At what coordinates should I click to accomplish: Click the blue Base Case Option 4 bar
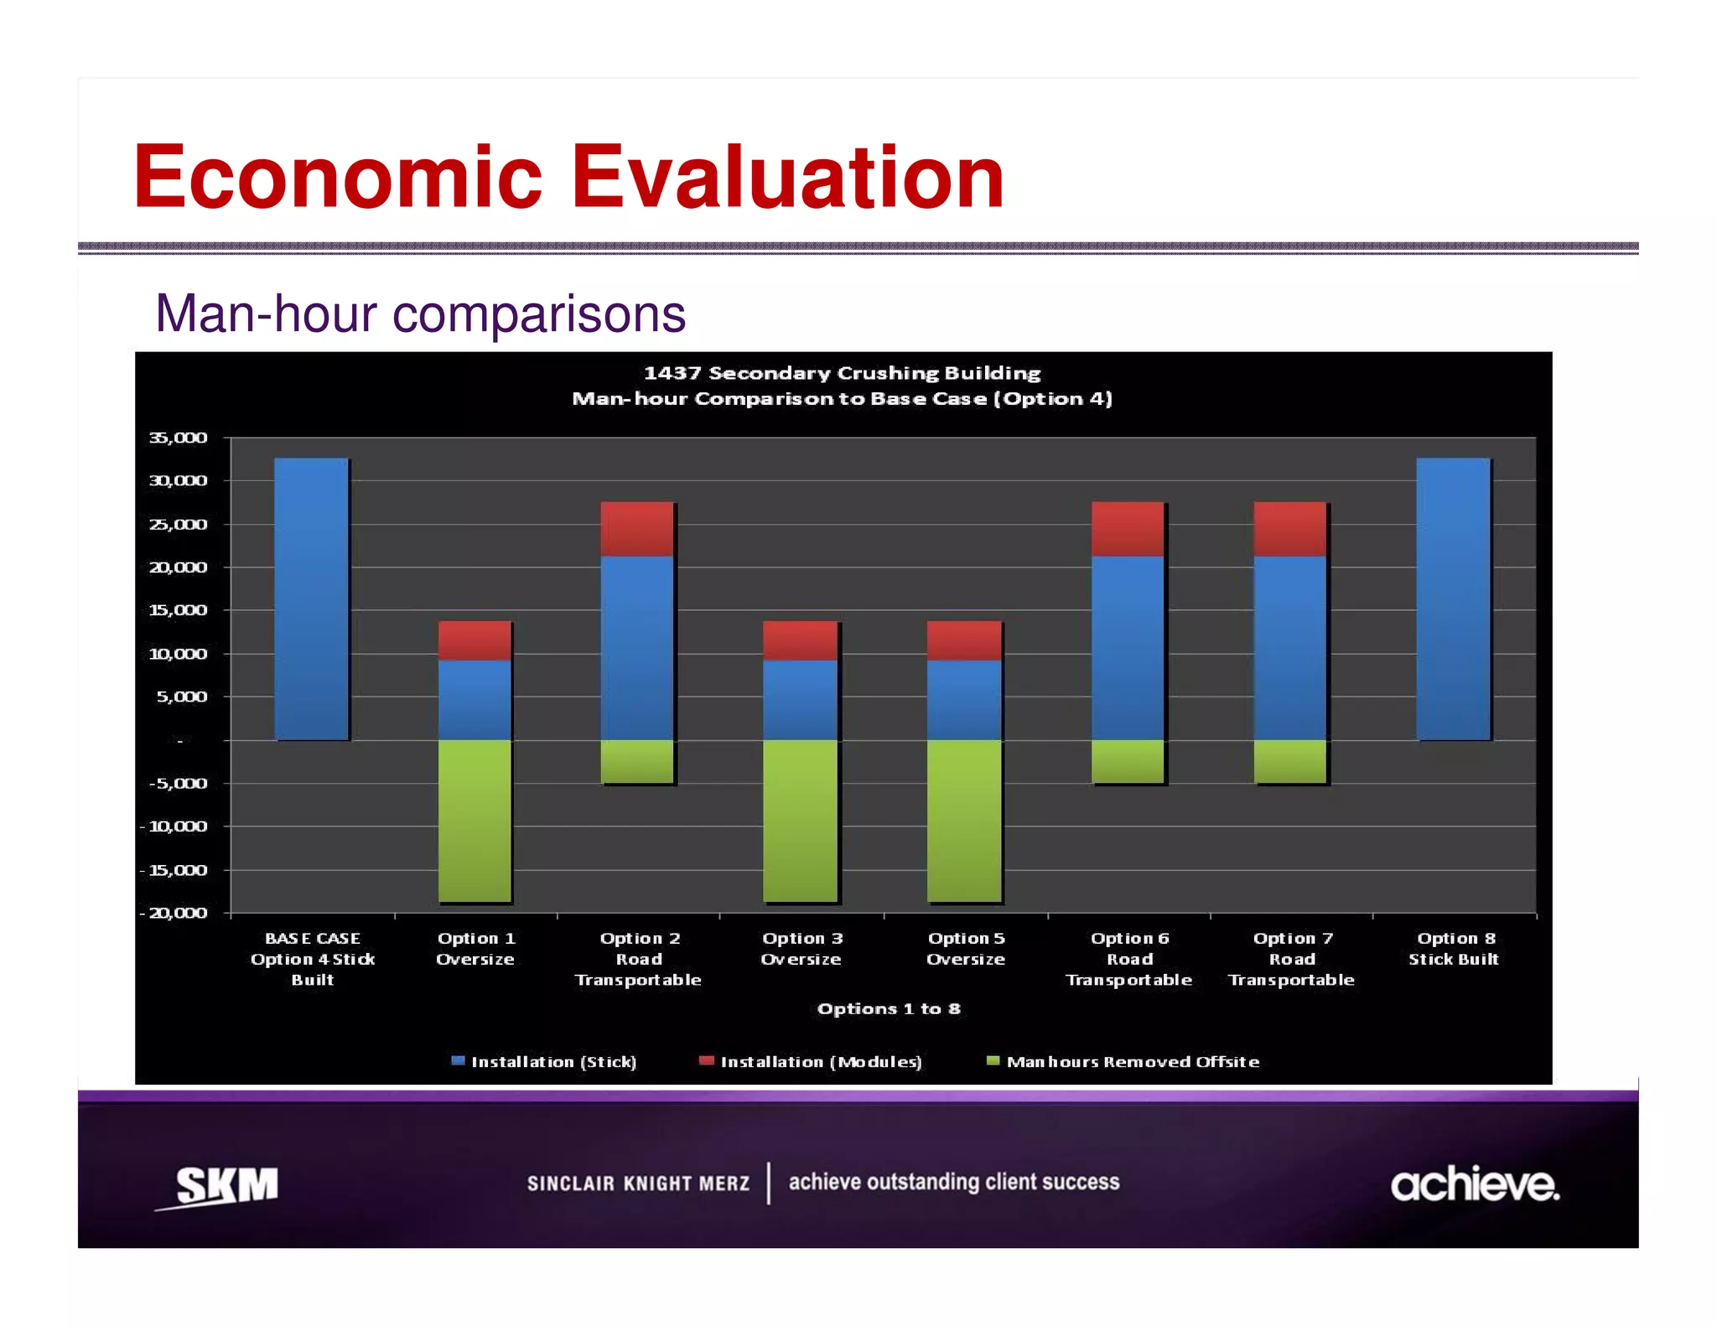311,598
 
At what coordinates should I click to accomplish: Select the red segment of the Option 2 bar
637,529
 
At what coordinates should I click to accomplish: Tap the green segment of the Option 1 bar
475,821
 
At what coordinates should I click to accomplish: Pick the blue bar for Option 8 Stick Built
1453,598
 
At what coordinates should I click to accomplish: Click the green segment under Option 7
1290,761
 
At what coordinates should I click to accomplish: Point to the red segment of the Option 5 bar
964,640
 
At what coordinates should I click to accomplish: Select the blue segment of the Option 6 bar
1128,647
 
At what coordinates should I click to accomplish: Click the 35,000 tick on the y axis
178,438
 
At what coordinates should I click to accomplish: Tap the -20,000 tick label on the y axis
174,913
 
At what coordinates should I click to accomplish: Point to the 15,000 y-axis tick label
178,610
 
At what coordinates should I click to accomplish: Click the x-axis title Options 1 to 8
889,1009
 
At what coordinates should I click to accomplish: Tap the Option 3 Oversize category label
801,949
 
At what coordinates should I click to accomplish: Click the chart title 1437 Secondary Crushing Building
842,373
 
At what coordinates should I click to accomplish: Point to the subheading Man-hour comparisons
420,314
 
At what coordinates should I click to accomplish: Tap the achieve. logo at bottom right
1475,1184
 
